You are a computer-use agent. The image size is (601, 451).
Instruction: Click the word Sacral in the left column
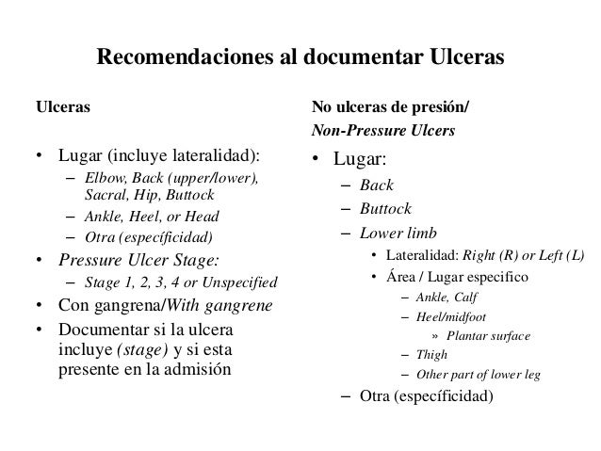[104, 196]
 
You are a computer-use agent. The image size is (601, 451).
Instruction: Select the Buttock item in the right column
[384, 209]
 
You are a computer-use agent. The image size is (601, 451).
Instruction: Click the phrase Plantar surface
[488, 336]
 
